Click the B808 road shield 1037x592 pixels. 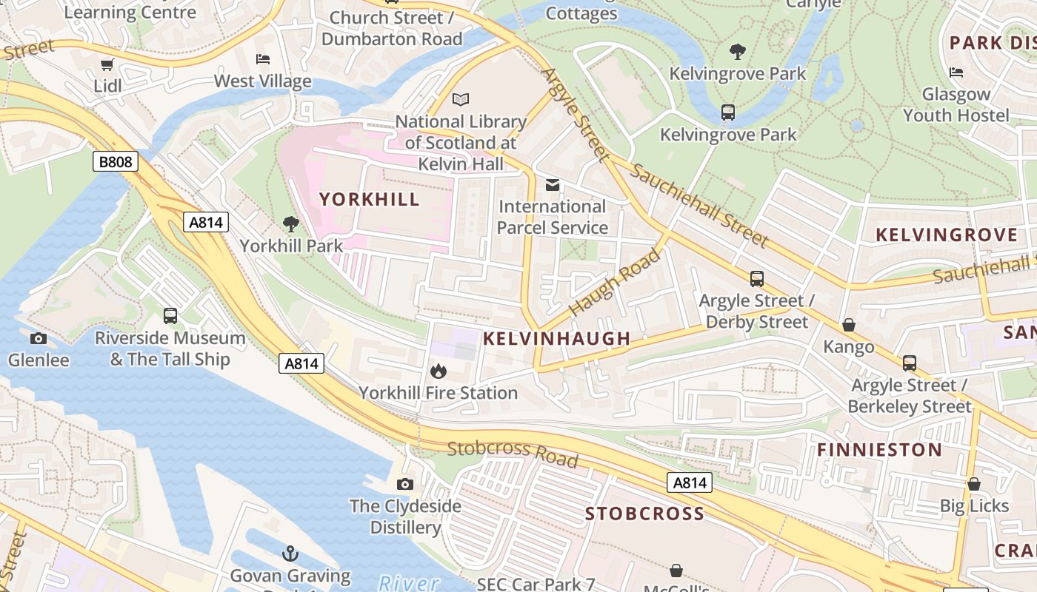116,161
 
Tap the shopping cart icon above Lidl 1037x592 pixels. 107,65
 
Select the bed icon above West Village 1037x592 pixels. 263,59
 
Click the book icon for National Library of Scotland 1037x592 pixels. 461,99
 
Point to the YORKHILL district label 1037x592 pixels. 369,199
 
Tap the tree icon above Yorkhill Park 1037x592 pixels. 291,223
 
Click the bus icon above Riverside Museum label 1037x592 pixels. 170,316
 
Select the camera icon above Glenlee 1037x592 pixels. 39,339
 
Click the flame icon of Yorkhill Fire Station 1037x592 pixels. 438,371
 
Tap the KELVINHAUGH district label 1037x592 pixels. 556,339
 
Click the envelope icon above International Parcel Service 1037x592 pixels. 553,184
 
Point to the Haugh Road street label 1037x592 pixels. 614,283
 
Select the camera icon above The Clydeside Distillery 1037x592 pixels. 404,484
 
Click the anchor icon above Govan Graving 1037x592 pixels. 290,554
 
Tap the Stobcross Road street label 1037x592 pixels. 513,454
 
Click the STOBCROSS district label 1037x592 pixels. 644,514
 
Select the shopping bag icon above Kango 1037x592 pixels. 849,325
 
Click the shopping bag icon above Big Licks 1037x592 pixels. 974,484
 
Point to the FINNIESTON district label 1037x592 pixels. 879,450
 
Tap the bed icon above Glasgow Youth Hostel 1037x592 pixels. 956,73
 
